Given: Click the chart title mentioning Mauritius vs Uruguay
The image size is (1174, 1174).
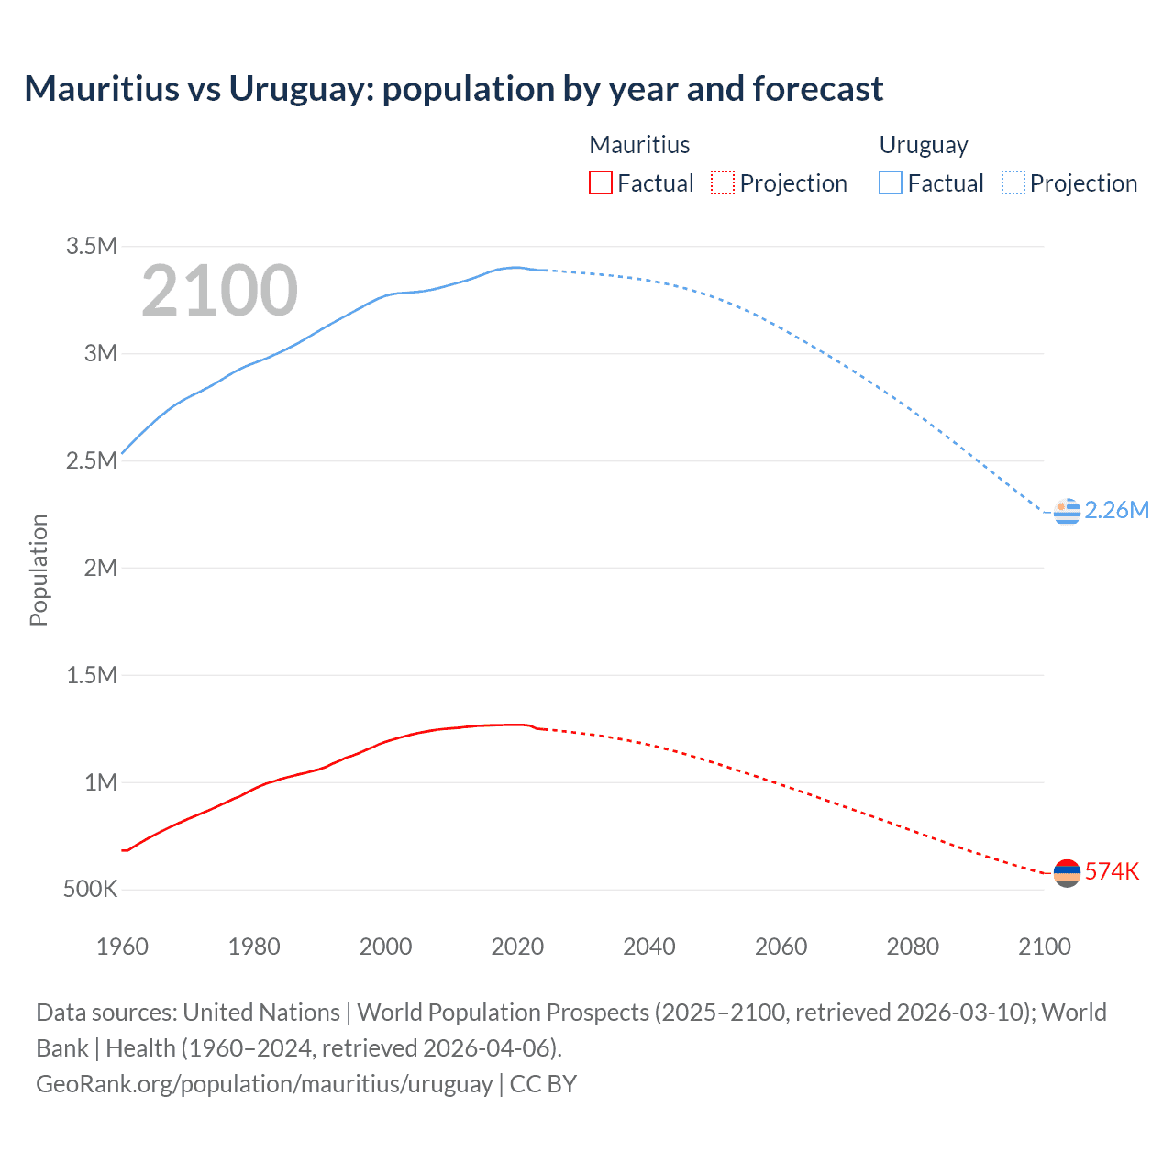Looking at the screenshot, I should [453, 89].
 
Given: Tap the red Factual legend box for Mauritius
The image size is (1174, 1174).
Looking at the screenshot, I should [600, 183].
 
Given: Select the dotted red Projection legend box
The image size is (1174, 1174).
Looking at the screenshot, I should [723, 183].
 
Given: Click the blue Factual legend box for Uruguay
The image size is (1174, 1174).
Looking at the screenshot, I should [890, 183].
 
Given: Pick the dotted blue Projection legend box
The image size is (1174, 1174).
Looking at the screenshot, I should [1013, 183].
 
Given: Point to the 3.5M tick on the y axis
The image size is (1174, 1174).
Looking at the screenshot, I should [92, 246].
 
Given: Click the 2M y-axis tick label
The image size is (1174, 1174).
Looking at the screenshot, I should [100, 568].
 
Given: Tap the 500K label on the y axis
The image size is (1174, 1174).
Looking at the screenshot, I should [90, 890].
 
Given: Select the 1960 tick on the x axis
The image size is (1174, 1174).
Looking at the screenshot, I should [122, 947].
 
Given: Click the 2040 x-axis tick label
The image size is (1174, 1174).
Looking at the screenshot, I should [649, 947].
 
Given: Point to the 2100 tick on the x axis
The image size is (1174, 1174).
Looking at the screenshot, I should [1045, 947].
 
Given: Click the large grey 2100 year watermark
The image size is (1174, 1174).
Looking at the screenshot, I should [219, 291].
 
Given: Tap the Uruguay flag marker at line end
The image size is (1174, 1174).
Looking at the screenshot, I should [1067, 511].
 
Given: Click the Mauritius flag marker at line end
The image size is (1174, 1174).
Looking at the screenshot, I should [1067, 873].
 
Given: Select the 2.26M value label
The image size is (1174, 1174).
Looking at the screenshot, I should [1116, 511].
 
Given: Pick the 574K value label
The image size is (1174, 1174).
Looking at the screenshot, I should [1112, 872].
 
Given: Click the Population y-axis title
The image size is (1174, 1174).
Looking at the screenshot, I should [39, 570].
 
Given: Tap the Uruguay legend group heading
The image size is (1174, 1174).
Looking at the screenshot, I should [924, 145].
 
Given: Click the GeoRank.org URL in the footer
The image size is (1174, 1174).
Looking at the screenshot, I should [264, 1084].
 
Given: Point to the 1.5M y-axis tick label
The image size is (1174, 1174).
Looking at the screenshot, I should [92, 675].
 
